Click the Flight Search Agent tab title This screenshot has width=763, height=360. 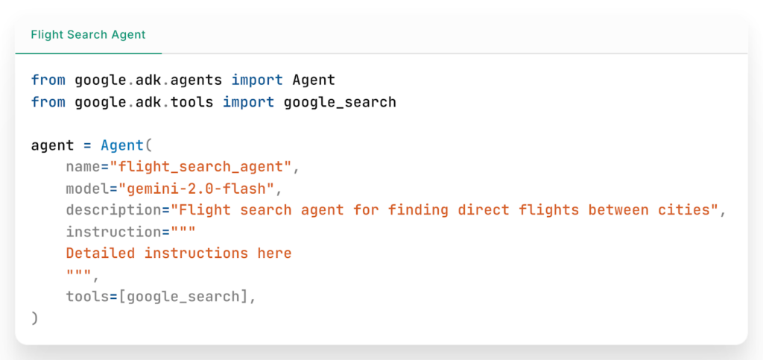click(x=88, y=35)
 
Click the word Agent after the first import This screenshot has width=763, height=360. click(x=314, y=80)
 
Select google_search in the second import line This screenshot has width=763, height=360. click(x=340, y=103)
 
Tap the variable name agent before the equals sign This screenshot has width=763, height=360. click(x=53, y=146)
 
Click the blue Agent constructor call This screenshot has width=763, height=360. click(x=123, y=145)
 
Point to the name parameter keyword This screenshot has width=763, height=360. click(x=83, y=168)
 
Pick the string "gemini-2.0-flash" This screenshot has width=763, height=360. click(x=197, y=189)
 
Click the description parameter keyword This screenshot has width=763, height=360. click(x=114, y=210)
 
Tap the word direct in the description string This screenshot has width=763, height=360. click(x=483, y=210)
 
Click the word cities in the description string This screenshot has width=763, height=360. click(x=683, y=210)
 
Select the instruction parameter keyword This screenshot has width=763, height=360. click(x=114, y=232)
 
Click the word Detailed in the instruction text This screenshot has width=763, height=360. click(x=101, y=253)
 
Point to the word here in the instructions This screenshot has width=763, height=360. click(x=274, y=253)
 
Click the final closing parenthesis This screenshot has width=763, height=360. click(x=34, y=318)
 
